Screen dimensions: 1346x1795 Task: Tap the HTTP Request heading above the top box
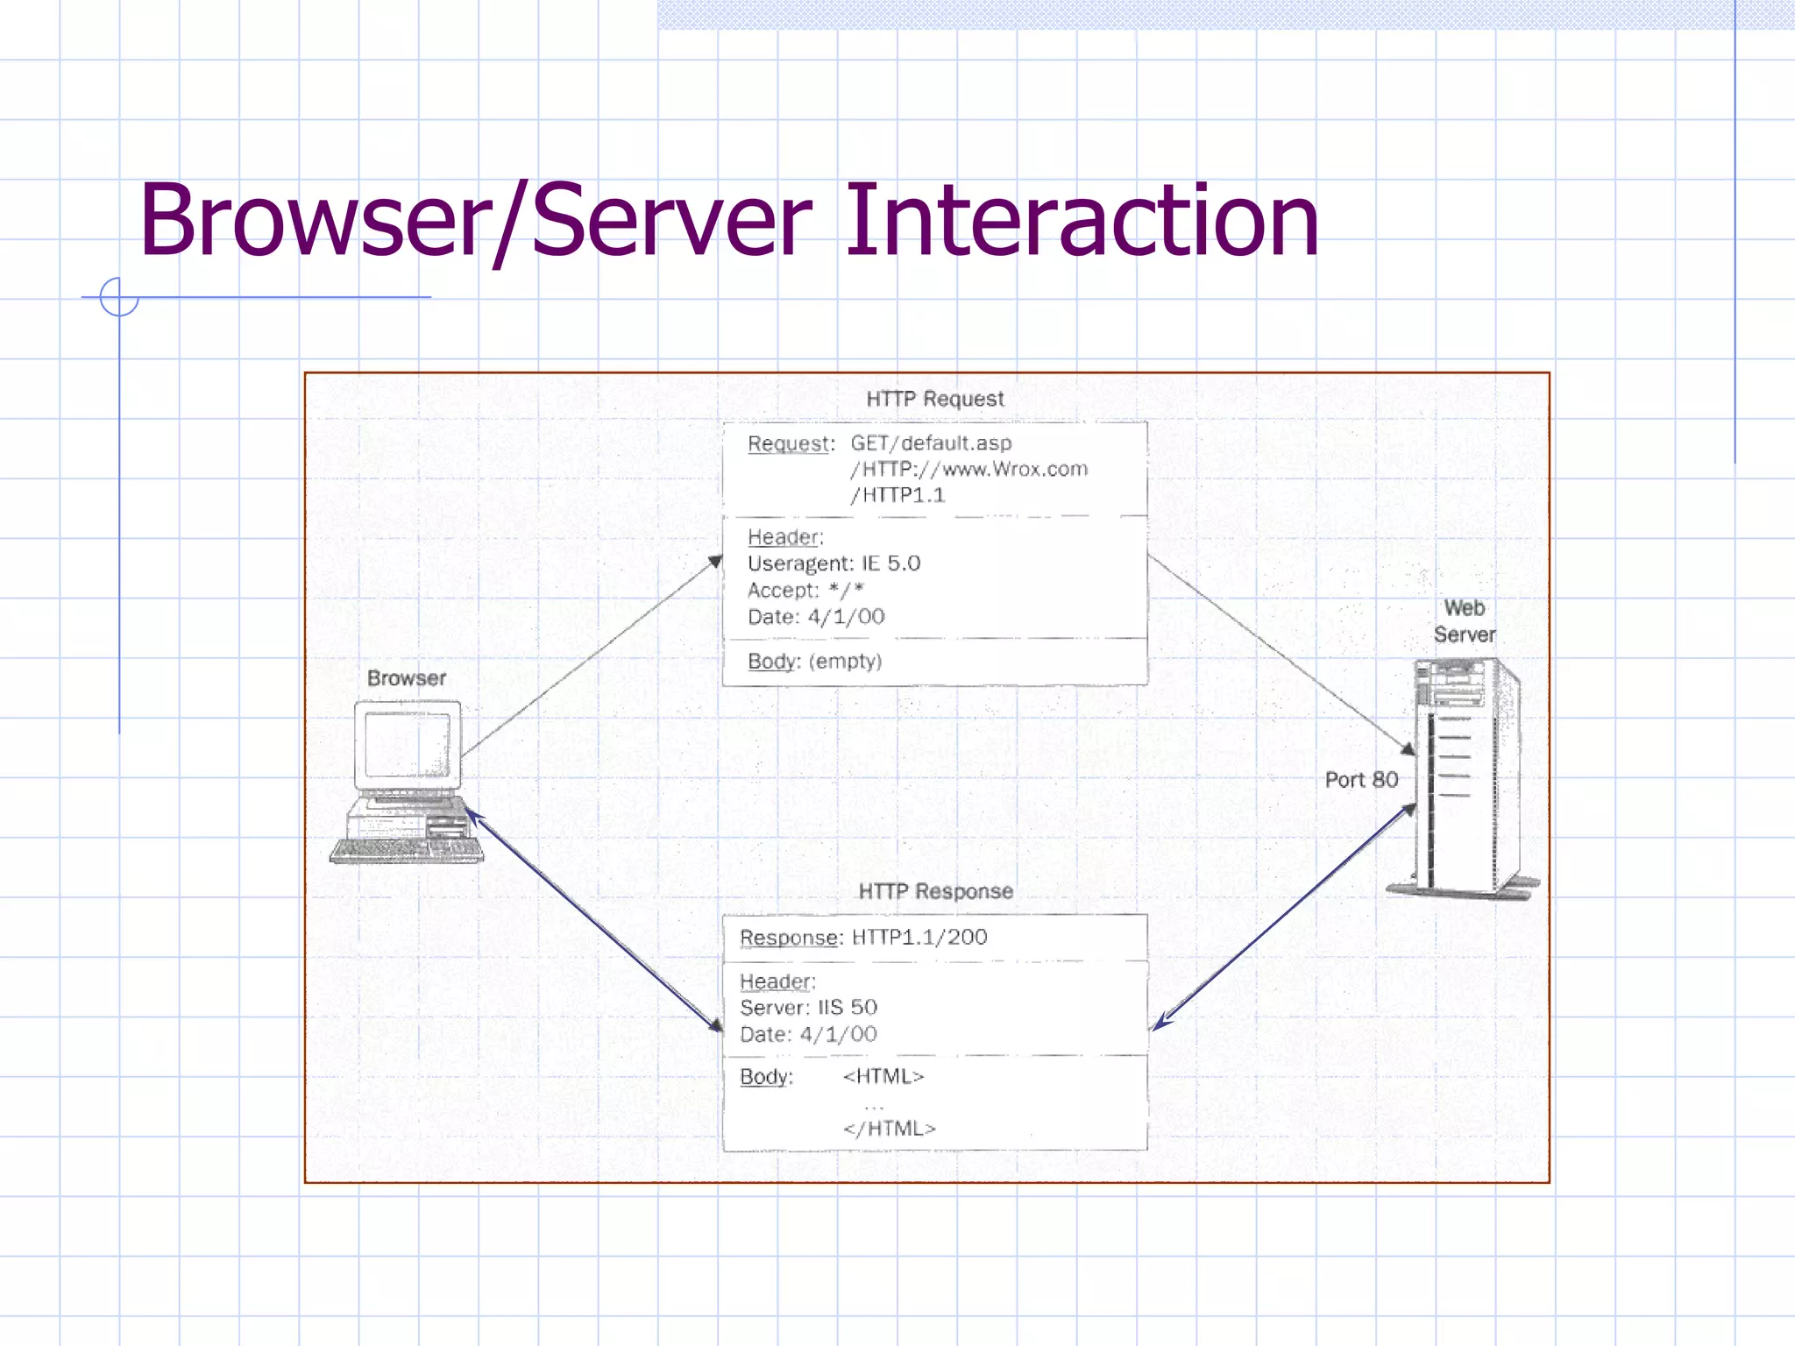coord(934,399)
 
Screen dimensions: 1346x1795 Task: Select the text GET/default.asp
coord(930,443)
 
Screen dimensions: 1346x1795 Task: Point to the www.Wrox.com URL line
coord(968,470)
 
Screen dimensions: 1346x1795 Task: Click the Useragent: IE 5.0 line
coord(834,563)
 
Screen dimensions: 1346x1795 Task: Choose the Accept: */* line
coord(805,591)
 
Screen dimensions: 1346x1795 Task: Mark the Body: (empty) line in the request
coord(814,662)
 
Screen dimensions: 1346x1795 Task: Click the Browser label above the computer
coord(406,678)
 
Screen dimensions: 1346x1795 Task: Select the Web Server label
coord(1464,621)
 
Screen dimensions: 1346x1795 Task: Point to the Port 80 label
coord(1360,780)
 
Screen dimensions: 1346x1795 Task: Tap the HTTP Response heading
coord(935,891)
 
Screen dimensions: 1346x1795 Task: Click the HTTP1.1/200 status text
coord(919,937)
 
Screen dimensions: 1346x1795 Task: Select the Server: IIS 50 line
coord(808,1008)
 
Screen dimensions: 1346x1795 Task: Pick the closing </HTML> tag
coord(889,1129)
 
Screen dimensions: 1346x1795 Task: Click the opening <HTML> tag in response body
coord(883,1076)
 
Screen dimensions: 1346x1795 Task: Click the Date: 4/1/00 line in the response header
coord(808,1035)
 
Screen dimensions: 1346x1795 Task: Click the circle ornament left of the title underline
coord(118,297)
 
